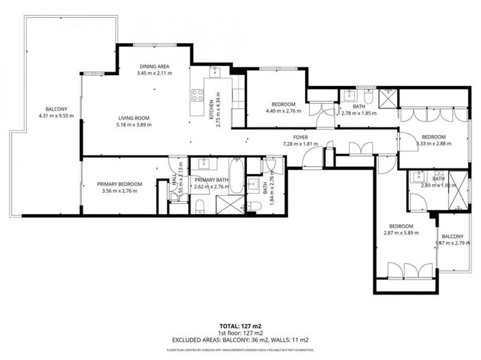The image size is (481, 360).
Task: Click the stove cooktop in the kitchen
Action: point(198,95)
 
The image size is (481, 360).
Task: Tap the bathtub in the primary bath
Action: point(235,175)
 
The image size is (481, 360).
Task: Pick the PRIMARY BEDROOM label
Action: point(119,183)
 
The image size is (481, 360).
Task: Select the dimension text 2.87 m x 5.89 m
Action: point(401,234)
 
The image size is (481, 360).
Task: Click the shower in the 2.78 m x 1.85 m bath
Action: point(388,99)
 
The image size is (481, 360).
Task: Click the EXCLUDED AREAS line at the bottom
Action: point(240,339)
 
